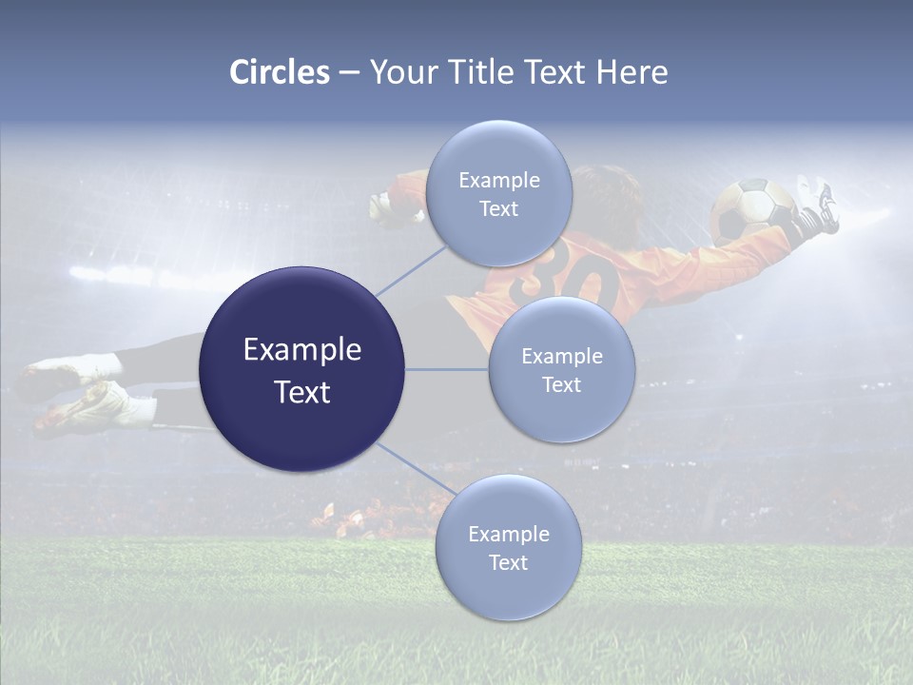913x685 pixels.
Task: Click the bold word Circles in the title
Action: coord(280,72)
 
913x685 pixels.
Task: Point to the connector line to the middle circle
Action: coord(447,369)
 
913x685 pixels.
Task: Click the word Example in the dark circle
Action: coord(302,350)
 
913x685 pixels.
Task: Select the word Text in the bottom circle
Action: coord(508,563)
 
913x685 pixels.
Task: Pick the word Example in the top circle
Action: coord(499,181)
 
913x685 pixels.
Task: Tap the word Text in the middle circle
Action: coord(562,385)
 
